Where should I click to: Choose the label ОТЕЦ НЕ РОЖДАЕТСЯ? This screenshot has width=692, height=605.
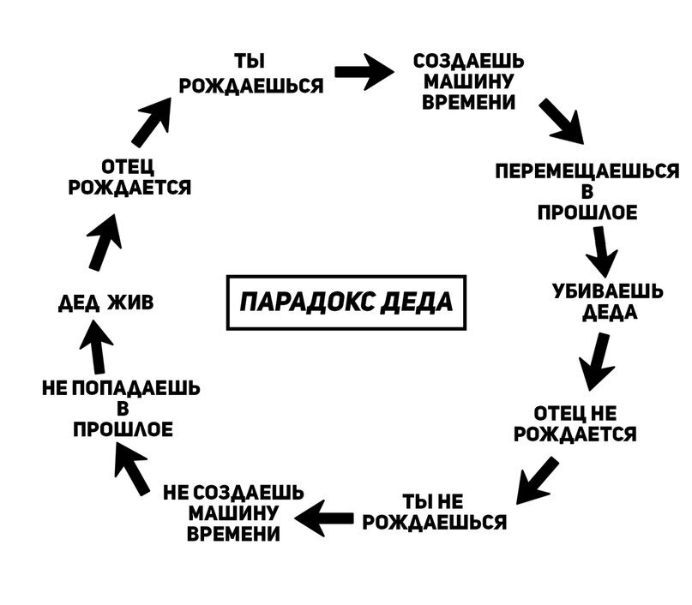click(x=575, y=424)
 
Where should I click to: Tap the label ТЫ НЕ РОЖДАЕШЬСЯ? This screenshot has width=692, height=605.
click(x=434, y=512)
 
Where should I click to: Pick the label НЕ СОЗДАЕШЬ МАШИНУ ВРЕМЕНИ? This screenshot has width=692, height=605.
click(x=233, y=512)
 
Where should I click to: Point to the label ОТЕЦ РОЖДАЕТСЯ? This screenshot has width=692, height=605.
click(x=129, y=177)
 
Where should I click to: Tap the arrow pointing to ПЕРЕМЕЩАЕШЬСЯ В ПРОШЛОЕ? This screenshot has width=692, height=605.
click(x=563, y=123)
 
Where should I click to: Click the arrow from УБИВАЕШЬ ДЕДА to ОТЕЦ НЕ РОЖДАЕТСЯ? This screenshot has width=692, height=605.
click(x=598, y=361)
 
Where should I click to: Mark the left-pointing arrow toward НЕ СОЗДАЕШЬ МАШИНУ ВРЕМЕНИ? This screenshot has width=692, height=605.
click(x=325, y=516)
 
